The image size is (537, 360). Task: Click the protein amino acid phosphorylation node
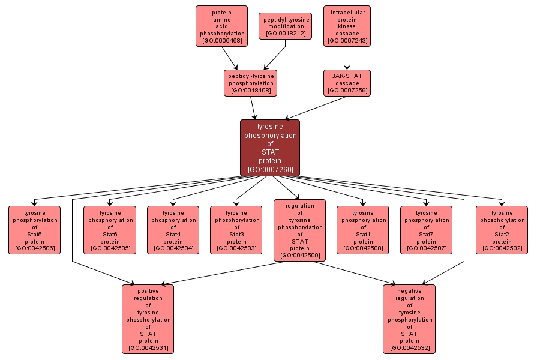coord(221,26)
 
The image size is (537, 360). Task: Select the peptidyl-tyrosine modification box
coord(285,26)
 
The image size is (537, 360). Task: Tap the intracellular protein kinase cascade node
coord(347,26)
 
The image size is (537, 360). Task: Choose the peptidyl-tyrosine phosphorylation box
coord(250,83)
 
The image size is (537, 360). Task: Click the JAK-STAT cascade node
coord(347,83)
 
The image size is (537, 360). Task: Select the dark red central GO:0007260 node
coord(269,148)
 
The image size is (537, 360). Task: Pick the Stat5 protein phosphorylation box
coord(34,230)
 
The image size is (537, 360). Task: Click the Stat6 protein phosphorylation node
coord(110,230)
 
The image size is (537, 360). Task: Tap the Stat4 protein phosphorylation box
coord(173,230)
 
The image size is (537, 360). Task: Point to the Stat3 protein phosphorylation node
coord(236,230)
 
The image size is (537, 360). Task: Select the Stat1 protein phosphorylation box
coord(362,230)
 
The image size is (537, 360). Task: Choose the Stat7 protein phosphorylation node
coord(426,230)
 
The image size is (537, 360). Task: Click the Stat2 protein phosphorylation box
coord(502,230)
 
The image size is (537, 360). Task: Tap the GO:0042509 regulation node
coord(299,230)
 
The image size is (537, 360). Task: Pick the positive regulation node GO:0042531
coord(148,319)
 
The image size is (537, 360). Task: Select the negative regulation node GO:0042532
coord(409,319)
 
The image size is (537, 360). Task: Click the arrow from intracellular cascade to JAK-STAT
coord(347,58)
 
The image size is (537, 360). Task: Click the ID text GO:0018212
coord(286,34)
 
